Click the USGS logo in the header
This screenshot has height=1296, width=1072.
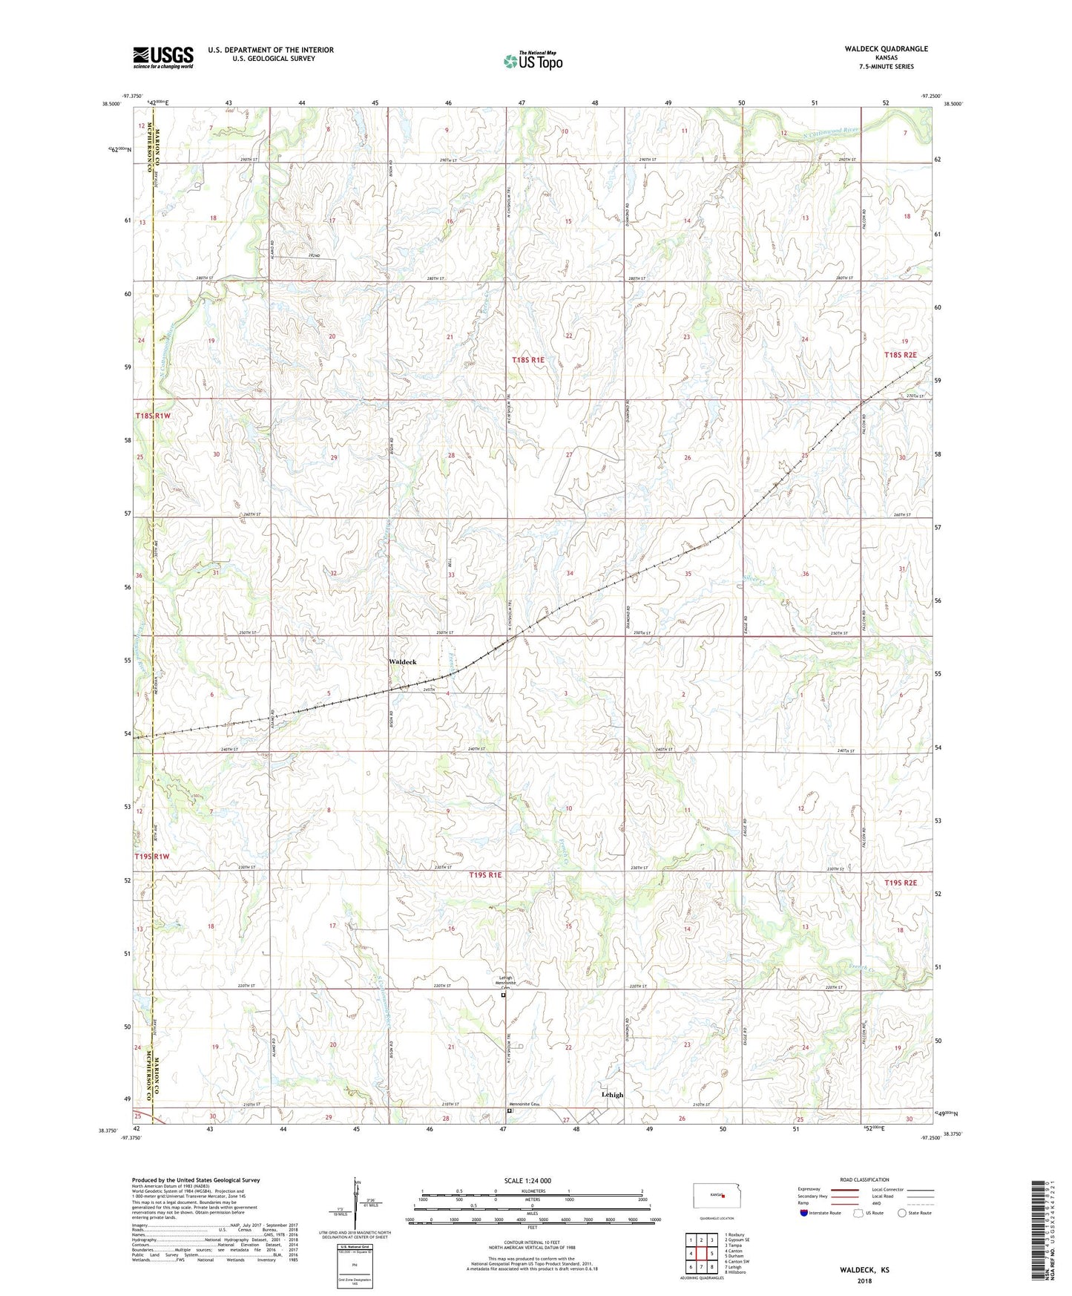point(163,56)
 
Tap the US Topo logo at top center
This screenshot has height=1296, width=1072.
point(532,61)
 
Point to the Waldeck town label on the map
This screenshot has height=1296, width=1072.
point(403,661)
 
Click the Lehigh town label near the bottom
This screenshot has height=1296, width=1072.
point(612,1095)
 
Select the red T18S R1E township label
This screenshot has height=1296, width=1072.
point(528,359)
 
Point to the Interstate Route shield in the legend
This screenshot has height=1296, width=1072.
point(804,1213)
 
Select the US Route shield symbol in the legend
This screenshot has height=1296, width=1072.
point(859,1213)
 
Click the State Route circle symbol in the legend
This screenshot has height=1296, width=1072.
point(902,1213)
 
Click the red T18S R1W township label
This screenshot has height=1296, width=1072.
point(153,416)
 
